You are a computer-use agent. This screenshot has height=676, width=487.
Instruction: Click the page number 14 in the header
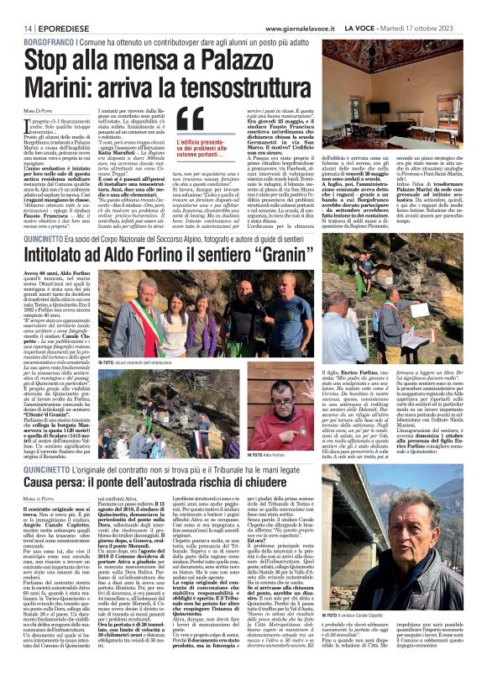[x=15, y=28]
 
